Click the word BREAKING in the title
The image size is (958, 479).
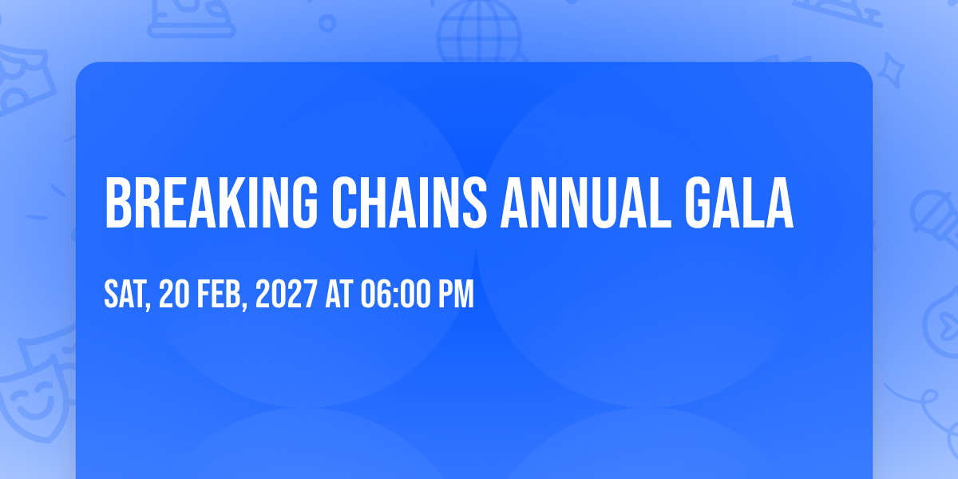click(x=212, y=203)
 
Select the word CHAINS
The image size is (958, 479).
click(x=410, y=203)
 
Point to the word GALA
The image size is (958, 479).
click(x=739, y=203)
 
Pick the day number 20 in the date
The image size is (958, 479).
click(x=174, y=294)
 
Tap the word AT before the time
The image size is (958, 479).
click(x=339, y=294)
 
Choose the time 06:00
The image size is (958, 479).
click(x=396, y=294)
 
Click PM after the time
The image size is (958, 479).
click(x=457, y=294)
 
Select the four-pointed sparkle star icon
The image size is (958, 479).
click(x=891, y=71)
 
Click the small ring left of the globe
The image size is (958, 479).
click(x=327, y=23)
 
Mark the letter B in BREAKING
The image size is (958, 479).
click(x=117, y=203)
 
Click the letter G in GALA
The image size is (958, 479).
click(x=698, y=203)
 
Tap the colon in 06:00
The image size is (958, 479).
click(x=396, y=295)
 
